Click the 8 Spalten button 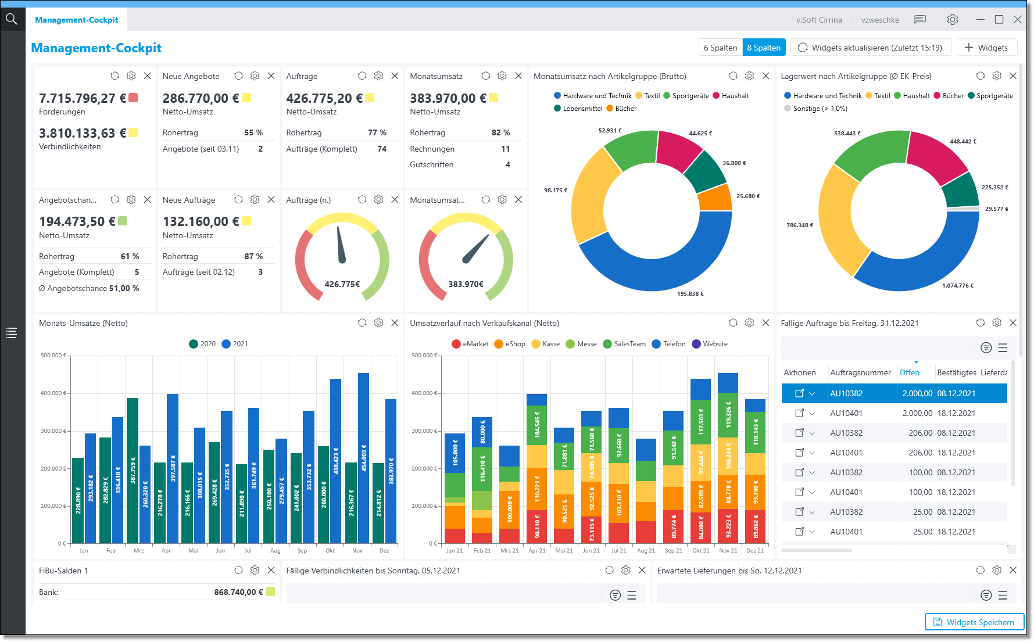click(764, 48)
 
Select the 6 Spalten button click(720, 48)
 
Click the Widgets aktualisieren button click(870, 48)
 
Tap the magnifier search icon click(12, 19)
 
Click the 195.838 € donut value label click(690, 294)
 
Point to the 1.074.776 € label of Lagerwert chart click(957, 286)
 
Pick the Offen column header click(909, 373)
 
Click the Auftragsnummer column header click(860, 373)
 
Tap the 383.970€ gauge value click(466, 284)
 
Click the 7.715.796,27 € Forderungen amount click(83, 98)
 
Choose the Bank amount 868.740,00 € click(238, 592)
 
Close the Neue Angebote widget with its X click(271, 76)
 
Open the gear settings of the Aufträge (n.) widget click(378, 200)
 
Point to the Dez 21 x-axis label click(755, 551)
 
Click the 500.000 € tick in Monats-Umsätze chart click(53, 356)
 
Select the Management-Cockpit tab click(76, 20)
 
